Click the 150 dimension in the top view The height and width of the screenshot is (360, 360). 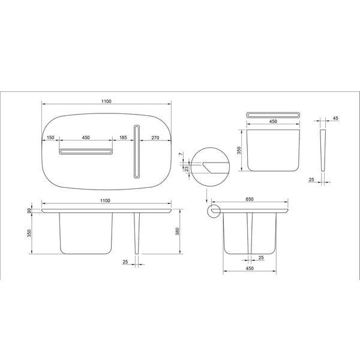(x=50, y=137)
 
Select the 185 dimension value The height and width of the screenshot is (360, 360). (x=123, y=137)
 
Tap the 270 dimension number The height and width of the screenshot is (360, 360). (x=155, y=138)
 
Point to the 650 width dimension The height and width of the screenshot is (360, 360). (x=250, y=199)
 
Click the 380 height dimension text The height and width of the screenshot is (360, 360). (x=177, y=231)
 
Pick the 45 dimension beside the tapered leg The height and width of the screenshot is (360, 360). (x=335, y=118)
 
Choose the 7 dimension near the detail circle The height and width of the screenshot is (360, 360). (x=182, y=154)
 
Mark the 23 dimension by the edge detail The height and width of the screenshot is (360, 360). (x=187, y=169)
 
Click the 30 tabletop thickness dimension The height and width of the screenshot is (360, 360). (x=29, y=211)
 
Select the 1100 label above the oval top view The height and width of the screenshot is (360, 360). (x=106, y=101)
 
